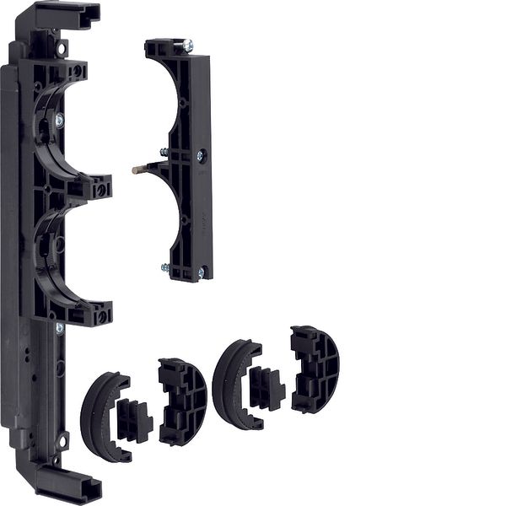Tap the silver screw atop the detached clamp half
(x=187, y=46)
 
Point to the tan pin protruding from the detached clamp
(x=138, y=170)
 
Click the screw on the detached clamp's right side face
(x=202, y=155)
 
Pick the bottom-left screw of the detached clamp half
(x=165, y=268)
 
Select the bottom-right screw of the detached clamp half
(x=201, y=272)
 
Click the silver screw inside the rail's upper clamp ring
(x=59, y=121)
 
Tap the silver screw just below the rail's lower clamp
(x=59, y=328)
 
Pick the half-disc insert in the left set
(x=183, y=401)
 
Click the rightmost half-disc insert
(x=315, y=369)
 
